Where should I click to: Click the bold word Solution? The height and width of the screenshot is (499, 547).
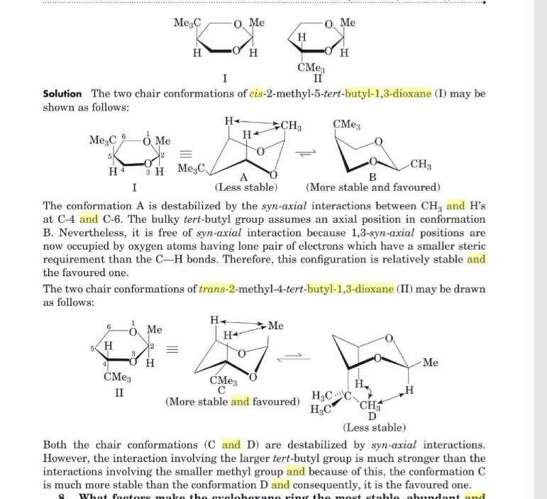[62, 94]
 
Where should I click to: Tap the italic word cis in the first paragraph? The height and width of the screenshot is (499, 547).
[256, 94]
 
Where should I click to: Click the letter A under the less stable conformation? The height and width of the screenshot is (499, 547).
[243, 177]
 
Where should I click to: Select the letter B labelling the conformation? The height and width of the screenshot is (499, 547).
[372, 177]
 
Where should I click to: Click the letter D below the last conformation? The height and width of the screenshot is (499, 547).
[372, 416]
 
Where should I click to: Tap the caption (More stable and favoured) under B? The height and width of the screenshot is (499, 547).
[372, 187]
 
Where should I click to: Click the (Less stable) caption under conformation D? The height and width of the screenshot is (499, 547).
[374, 427]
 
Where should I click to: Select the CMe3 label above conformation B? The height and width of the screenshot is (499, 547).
[346, 125]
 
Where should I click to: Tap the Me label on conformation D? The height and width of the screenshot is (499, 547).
[430, 363]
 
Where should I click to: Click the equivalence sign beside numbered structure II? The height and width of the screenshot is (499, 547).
[170, 351]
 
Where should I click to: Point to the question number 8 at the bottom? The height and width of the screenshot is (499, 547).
[62, 497]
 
